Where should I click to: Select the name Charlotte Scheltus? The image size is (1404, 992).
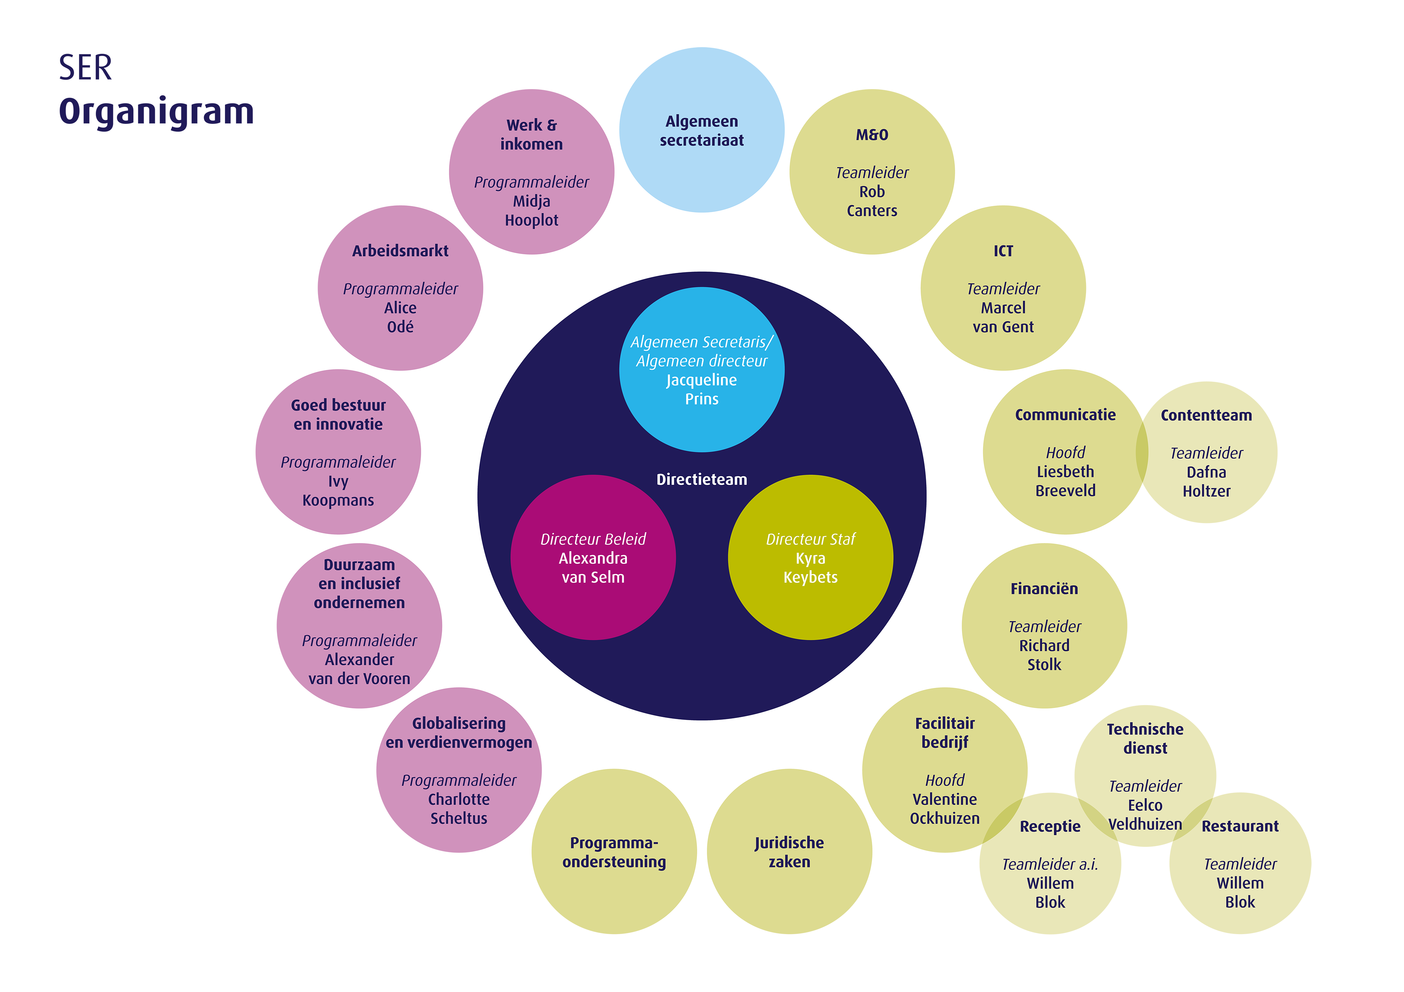(x=459, y=809)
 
